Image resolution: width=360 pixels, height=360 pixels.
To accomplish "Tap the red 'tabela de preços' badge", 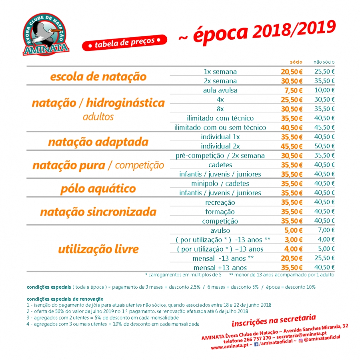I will coord(124,44).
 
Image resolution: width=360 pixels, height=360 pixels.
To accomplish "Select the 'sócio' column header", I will coord(296,62).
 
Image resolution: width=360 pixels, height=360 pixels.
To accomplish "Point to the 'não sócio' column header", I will coord(324,62).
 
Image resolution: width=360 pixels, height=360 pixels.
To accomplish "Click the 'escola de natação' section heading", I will coord(98,76).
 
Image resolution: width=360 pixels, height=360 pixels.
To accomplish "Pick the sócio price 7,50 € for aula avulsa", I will coord(293,90).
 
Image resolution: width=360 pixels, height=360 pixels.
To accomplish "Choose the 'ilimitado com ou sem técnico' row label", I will coord(220,128).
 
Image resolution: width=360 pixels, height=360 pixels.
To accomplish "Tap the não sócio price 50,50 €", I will coord(324,146).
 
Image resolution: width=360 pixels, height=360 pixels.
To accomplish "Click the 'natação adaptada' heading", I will coord(98,142).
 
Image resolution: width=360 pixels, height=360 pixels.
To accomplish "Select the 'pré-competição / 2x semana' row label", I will coord(220,156).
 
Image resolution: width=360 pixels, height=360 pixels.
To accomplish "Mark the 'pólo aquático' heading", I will coord(98,188).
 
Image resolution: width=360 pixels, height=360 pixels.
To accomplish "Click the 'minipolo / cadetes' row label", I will coord(220,184).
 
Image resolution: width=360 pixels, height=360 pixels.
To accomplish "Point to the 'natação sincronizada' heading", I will coord(98,212).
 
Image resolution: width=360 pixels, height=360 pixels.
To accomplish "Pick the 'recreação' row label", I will coord(220,202).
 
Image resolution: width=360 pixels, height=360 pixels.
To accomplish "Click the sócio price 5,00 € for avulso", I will coord(293,230).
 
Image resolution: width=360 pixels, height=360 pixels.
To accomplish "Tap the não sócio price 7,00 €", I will coord(326,230).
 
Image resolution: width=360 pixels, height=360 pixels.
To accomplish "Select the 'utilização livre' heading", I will coord(98,249).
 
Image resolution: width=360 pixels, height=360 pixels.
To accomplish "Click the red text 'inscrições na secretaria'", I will coord(274,320).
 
